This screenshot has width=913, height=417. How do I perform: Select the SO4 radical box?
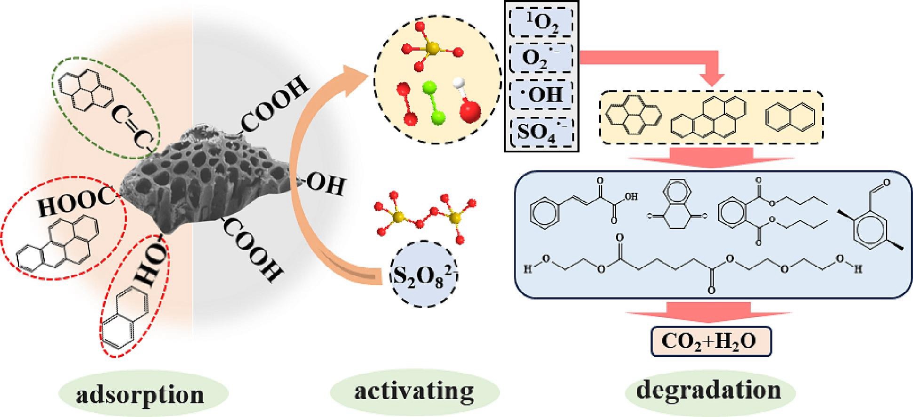point(541,131)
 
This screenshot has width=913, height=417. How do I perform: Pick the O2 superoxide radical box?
point(541,58)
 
